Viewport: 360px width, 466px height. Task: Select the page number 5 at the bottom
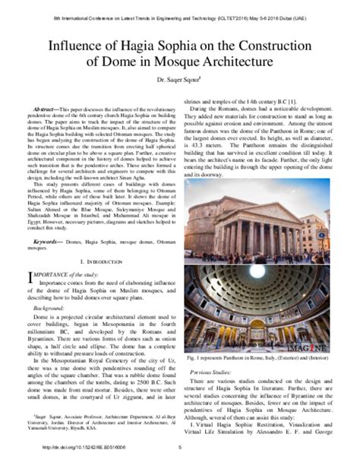tap(180, 457)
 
